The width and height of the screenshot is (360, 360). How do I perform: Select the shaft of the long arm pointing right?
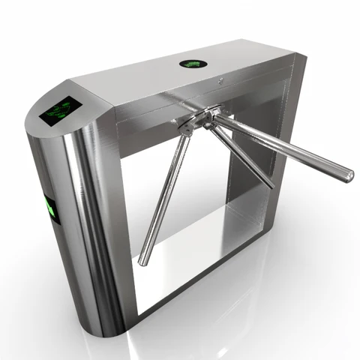(285, 146)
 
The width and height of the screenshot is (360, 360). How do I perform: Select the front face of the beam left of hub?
(142, 112)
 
